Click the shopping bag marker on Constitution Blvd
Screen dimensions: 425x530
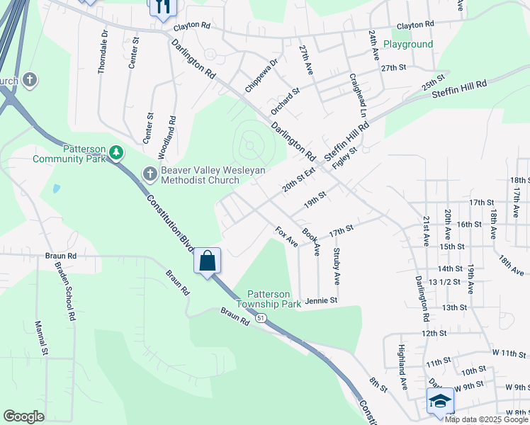tap(208, 261)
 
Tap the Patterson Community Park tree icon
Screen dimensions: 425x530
tap(117, 152)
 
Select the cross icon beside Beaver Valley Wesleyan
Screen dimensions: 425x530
tap(150, 174)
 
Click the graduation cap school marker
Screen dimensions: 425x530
tap(439, 401)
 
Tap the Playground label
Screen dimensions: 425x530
tap(407, 44)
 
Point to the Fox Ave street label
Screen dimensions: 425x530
tap(286, 237)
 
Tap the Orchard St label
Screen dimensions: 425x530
tap(286, 101)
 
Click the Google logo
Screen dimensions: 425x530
tap(23, 416)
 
